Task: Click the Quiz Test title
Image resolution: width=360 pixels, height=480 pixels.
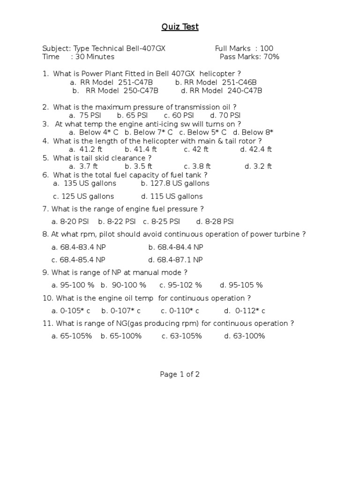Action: coord(180,27)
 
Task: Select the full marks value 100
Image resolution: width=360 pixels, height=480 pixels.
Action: coord(266,48)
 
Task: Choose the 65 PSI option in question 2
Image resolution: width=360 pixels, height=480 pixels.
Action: coord(137,115)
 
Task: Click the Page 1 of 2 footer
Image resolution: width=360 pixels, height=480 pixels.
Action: coord(180,374)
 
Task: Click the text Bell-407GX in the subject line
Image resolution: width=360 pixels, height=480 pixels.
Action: coord(145,48)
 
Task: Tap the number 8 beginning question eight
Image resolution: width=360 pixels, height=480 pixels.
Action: coord(45,234)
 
